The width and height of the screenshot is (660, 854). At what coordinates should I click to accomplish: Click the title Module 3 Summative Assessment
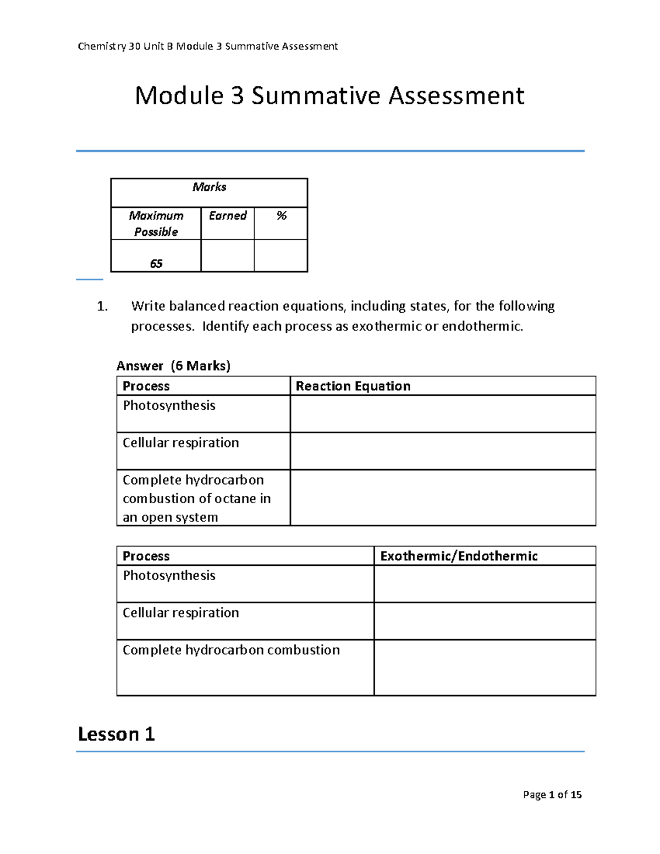[329, 96]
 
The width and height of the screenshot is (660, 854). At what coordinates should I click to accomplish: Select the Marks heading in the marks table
[209, 187]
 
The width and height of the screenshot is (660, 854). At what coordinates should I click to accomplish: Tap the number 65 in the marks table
[156, 263]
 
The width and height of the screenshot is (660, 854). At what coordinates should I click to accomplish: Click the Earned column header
[227, 216]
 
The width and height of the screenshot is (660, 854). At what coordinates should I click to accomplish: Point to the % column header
[281, 216]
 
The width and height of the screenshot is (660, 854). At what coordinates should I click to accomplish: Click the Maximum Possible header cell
[156, 223]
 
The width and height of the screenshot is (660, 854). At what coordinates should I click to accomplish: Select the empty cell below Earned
[227, 256]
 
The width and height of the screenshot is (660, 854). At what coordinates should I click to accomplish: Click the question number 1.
[102, 306]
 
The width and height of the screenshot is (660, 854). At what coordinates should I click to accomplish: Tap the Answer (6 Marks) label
[173, 366]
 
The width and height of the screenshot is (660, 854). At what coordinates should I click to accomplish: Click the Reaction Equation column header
[353, 386]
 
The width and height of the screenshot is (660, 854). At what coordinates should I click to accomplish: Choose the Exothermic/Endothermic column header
[459, 556]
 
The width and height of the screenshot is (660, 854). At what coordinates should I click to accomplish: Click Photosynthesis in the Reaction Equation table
[169, 405]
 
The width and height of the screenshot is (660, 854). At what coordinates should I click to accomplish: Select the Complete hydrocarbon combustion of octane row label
[196, 498]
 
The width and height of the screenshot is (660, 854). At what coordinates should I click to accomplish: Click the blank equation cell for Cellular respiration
[443, 451]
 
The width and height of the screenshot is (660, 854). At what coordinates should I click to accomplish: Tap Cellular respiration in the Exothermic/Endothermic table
[180, 613]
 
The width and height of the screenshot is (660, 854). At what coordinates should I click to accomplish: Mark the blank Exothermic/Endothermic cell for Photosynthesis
[485, 584]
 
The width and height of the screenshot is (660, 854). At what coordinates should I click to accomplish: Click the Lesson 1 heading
[116, 734]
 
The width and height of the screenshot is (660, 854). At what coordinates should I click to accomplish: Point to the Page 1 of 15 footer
[552, 795]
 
